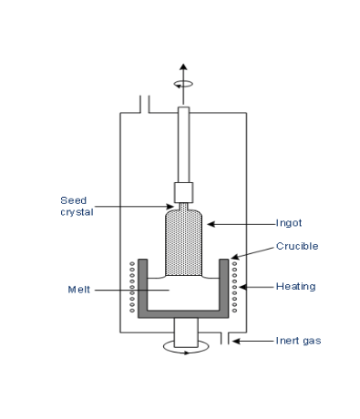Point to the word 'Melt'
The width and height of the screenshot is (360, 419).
[81, 291]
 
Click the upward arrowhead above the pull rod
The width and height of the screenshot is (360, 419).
[183, 68]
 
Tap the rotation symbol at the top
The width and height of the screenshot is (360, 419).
[183, 83]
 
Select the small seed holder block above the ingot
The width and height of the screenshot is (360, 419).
[183, 192]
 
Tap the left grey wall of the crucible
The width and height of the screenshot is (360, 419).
[141, 287]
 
